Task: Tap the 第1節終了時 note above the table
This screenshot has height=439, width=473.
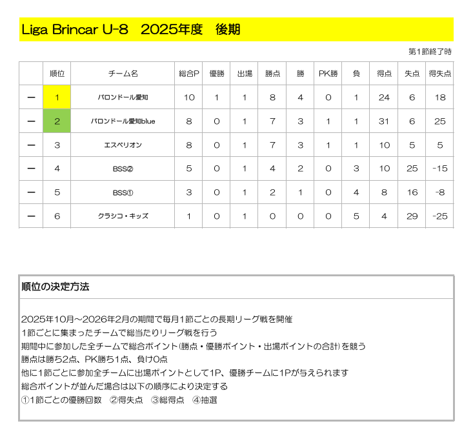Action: point(430,52)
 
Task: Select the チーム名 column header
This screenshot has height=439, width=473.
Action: point(123,74)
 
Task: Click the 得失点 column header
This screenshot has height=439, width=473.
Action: point(440,74)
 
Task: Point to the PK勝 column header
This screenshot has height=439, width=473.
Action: point(328,74)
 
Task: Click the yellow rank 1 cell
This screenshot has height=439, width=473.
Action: point(57,97)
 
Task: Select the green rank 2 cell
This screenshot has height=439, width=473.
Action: point(57,121)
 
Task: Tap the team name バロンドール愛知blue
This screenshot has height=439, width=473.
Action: point(123,121)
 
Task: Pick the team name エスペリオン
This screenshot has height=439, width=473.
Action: point(123,145)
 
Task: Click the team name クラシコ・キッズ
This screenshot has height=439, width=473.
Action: point(123,216)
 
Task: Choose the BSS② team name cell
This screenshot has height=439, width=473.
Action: point(123,169)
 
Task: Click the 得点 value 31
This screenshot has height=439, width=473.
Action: point(385,121)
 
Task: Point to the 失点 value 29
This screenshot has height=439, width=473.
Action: point(412,216)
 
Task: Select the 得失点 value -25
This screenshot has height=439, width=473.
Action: point(440,216)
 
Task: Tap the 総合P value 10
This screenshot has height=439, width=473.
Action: point(189,97)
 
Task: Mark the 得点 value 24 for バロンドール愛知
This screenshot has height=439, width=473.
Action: point(385,97)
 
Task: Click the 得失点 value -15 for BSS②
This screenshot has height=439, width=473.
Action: point(440,169)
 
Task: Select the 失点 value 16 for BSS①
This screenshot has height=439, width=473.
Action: point(412,192)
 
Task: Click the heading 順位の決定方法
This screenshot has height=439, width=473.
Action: point(55,287)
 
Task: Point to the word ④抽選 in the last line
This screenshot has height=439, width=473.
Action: point(205,400)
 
